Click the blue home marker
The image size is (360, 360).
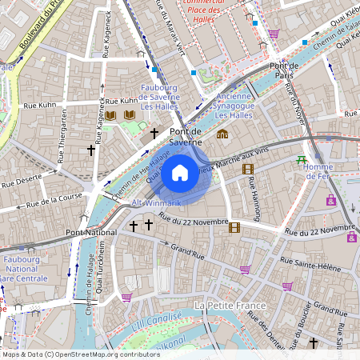180,172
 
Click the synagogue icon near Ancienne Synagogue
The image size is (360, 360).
222,134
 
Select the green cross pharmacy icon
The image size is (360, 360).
302,160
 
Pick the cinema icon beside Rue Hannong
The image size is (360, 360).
248,169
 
